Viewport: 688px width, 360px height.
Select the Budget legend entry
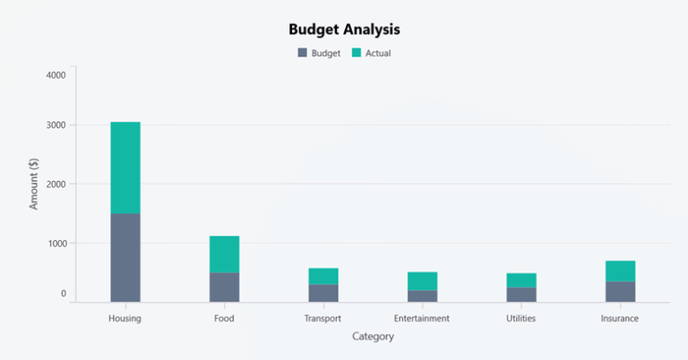point(319,53)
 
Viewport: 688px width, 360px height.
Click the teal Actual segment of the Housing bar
point(125,167)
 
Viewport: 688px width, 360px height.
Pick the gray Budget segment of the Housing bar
point(125,257)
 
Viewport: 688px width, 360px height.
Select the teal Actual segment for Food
point(224,254)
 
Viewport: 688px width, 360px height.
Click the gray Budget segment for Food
point(224,287)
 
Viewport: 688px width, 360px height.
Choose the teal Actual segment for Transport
point(323,276)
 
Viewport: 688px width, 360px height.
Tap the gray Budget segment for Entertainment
point(422,296)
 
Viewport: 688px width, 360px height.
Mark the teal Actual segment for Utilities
point(521,280)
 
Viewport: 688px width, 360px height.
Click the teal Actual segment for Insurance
point(620,271)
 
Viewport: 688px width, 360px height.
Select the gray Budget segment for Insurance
point(620,291)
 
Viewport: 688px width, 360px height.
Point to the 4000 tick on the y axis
point(56,75)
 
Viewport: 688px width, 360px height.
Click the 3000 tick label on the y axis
point(56,125)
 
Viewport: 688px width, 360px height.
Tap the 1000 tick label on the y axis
point(56,243)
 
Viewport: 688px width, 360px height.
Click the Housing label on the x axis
point(125,318)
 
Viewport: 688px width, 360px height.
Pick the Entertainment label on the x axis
point(422,318)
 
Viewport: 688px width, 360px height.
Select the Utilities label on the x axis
point(521,318)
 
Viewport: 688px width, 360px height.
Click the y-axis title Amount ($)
point(34,184)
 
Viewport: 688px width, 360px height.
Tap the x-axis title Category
point(373,337)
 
